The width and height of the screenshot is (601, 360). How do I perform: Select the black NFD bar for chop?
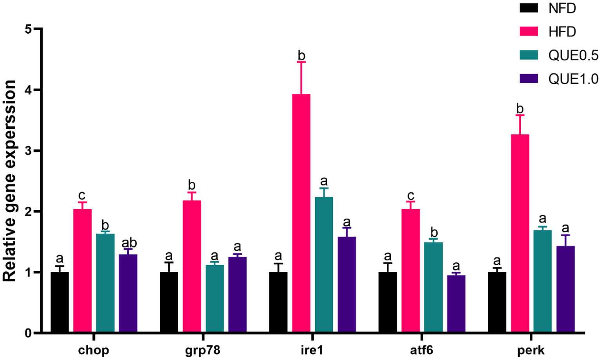point(60,302)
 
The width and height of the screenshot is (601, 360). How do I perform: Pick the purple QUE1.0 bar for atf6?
point(456,304)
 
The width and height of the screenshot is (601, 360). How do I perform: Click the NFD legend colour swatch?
point(529,8)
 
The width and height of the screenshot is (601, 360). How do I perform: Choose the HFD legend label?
point(562,32)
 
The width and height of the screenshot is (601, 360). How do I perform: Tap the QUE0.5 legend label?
point(573,56)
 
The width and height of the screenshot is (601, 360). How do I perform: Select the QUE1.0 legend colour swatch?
point(529,78)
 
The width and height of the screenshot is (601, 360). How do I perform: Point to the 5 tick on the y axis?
point(38,29)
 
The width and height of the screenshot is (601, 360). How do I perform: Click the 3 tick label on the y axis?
point(28,151)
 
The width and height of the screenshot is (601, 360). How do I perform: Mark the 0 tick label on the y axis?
point(28,333)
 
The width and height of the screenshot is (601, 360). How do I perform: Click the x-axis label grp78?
point(202,350)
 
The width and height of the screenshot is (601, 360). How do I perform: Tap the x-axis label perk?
point(531,350)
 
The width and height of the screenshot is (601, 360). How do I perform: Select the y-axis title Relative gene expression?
point(9,181)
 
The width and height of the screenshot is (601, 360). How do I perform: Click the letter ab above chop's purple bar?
point(129,243)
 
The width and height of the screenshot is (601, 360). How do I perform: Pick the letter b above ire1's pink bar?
point(301,56)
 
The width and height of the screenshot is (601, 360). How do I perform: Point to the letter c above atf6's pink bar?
point(410,195)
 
